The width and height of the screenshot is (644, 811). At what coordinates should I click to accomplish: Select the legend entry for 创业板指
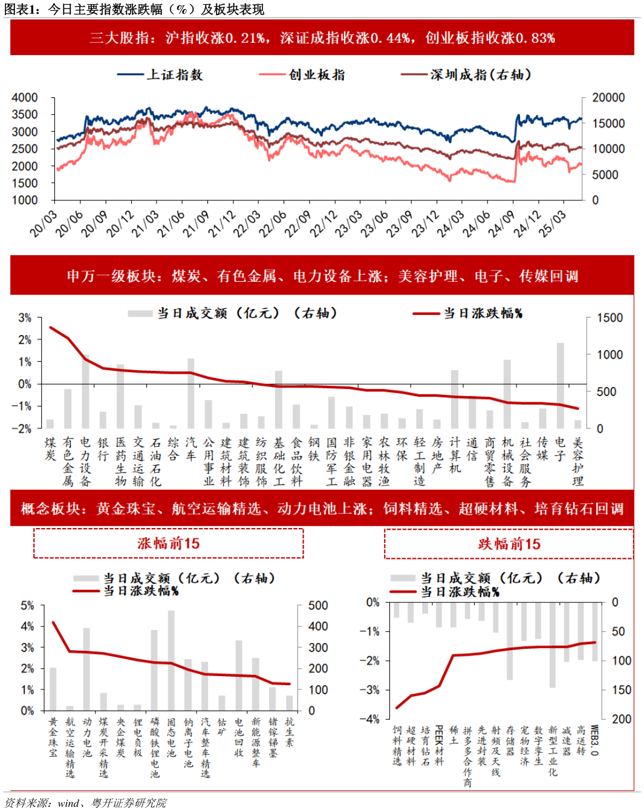pyautogui.click(x=303, y=75)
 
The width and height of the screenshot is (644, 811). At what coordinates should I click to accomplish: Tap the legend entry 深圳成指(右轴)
pyautogui.click(x=467, y=75)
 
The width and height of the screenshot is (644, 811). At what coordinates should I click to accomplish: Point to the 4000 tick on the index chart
pyautogui.click(x=25, y=97)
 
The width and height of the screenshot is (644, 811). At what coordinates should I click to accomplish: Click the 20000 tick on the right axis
pyautogui.click(x=608, y=97)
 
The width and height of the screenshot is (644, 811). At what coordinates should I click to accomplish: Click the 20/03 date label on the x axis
pyautogui.click(x=44, y=223)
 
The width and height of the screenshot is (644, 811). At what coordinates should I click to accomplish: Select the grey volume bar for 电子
pyautogui.click(x=560, y=385)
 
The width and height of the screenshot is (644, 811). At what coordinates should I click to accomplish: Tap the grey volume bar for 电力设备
pyautogui.click(x=86, y=391)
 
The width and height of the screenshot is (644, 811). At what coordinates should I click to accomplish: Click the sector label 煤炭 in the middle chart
pyautogui.click(x=50, y=449)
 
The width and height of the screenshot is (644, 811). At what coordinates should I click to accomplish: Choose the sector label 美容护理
pyautogui.click(x=577, y=461)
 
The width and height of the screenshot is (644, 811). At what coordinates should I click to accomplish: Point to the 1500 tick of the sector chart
pyautogui.click(x=609, y=318)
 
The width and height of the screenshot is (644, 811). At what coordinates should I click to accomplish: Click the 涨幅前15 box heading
pyautogui.click(x=168, y=543)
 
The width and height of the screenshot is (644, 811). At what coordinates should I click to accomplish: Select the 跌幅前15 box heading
pyautogui.click(x=509, y=544)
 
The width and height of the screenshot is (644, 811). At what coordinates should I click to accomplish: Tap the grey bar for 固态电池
pyautogui.click(x=171, y=660)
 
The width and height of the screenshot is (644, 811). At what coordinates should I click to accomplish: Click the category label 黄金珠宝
pyautogui.click(x=53, y=737)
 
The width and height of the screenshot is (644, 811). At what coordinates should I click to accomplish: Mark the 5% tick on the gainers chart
pyautogui.click(x=27, y=605)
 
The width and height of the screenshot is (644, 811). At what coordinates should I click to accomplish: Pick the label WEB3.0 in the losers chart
pyautogui.click(x=594, y=740)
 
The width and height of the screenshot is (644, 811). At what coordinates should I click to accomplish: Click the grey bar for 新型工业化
pyautogui.click(x=553, y=645)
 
